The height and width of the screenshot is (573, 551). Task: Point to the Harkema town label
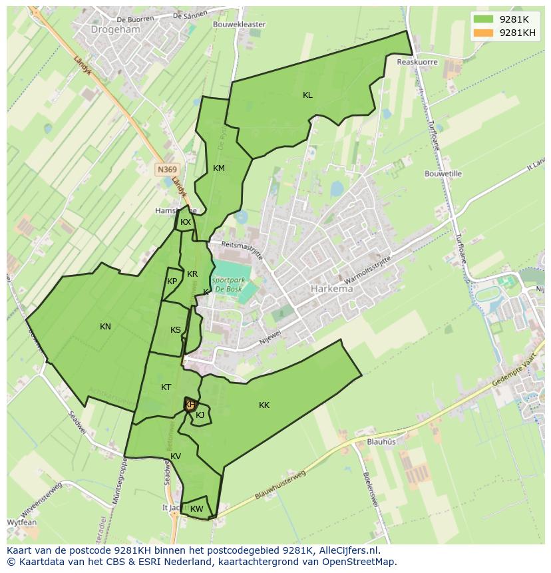click(x=331, y=289)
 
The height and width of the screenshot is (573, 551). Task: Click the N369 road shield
click(x=167, y=170)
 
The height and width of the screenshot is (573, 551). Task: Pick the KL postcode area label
click(x=307, y=95)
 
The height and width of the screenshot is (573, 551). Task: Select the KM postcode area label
click(x=219, y=168)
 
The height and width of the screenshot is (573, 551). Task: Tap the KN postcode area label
click(x=105, y=326)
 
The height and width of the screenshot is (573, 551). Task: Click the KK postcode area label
click(x=264, y=405)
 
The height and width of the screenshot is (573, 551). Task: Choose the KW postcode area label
click(x=196, y=509)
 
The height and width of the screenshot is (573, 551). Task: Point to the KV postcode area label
click(x=176, y=457)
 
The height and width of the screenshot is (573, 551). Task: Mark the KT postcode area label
click(x=166, y=387)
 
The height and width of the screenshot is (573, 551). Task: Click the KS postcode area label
click(x=176, y=330)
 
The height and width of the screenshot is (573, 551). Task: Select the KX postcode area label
click(x=186, y=222)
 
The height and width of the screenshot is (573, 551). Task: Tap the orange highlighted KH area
click(x=190, y=404)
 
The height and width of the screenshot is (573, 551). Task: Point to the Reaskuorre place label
click(x=417, y=62)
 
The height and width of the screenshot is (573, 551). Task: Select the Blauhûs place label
click(x=381, y=441)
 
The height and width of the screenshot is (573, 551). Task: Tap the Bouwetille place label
click(x=443, y=174)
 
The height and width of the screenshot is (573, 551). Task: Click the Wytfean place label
click(x=22, y=522)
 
